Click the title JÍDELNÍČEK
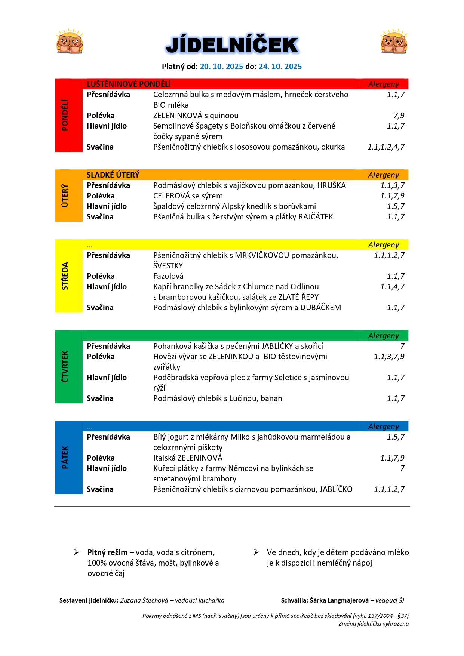pos(232,45)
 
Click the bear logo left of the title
pos(70,41)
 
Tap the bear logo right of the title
pos(394,41)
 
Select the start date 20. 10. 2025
pos(221,67)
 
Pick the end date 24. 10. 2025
pos(280,67)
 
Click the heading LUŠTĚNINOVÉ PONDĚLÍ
pos(128,84)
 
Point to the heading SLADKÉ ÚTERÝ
pos(113,175)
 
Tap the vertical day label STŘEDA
pos(65,276)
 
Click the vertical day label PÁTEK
pos(65,457)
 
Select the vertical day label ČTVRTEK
pos(65,366)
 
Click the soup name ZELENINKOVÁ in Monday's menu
pos(178,116)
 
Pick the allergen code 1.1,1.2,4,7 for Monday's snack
pos(386,147)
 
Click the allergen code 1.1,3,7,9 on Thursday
pos(389,357)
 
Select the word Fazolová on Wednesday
pos(168,276)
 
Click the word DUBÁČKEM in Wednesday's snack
pos(320,308)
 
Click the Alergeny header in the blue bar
pos(383,426)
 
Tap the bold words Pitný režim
pos(107,552)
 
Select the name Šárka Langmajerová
pos(339,600)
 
